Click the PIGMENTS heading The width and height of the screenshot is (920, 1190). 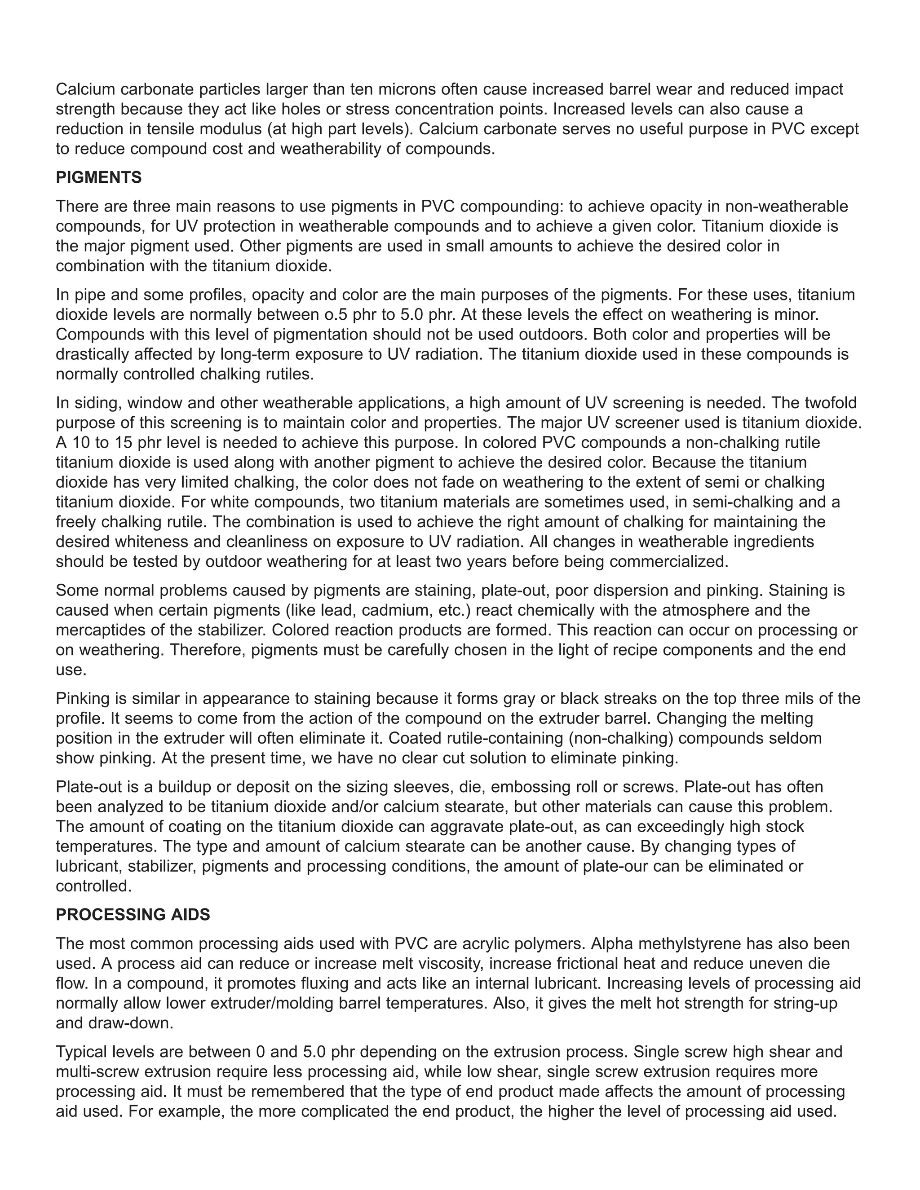[99, 178]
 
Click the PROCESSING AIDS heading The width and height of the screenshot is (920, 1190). [133, 915]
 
